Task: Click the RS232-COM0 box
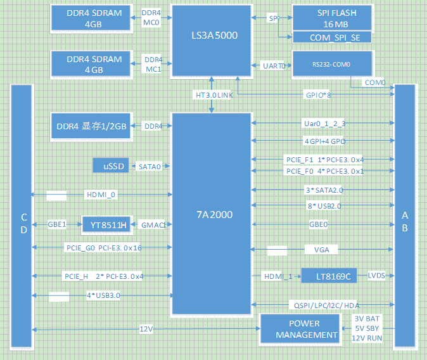pos(331,65)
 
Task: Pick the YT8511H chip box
pos(106,224)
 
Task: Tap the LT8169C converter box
pos(328,276)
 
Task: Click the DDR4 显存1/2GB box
pos(93,126)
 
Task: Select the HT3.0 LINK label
pos(213,94)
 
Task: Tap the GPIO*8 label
pos(318,94)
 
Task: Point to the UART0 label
pos(274,65)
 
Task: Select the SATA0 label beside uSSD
pos(150,166)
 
